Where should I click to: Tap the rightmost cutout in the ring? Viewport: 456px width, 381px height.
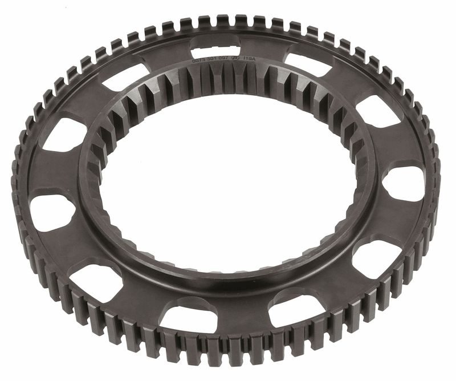(x=404, y=184)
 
